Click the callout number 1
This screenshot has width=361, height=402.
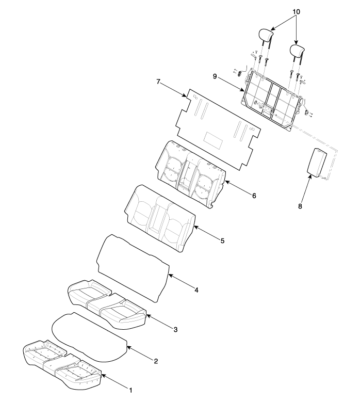pos(130,391)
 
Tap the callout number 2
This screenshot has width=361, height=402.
pos(156,361)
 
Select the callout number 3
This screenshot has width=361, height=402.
pos(175,329)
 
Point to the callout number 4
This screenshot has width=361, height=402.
pos(196,290)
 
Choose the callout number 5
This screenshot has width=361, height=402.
pos(222,241)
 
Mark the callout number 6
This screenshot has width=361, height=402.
pos(254,196)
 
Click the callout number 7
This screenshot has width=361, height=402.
pos(158,82)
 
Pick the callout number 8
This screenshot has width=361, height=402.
pos(300,206)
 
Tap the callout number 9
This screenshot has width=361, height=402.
pos(215,76)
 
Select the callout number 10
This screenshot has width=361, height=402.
pos(296,12)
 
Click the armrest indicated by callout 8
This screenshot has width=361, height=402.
pos(317,163)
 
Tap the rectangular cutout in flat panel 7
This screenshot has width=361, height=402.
pos(213,140)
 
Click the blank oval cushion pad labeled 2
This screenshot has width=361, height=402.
pos(90,337)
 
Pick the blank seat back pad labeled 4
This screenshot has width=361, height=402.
pos(133,268)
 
